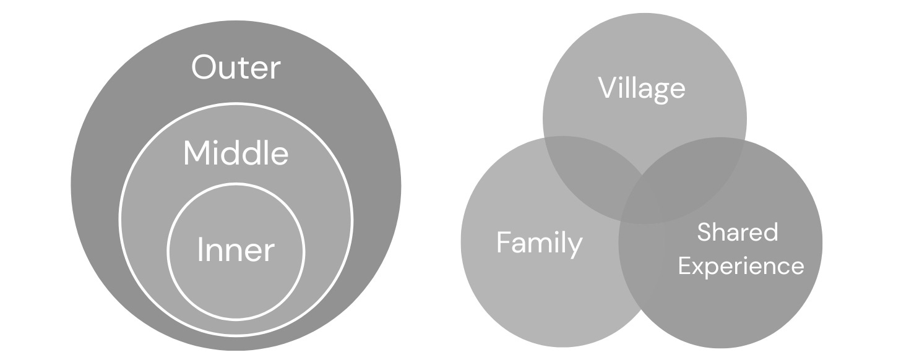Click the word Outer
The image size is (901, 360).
[236, 67]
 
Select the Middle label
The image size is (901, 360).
[236, 153]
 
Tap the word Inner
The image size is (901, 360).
[236, 251]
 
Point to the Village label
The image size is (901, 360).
[642, 88]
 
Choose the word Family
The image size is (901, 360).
[539, 243]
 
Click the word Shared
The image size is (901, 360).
[737, 233]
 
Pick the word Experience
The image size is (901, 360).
[741, 266]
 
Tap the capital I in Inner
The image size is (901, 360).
[200, 250]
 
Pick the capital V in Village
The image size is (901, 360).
[606, 88]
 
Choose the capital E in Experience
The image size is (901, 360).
[684, 266]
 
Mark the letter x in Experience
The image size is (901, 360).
[699, 267]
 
